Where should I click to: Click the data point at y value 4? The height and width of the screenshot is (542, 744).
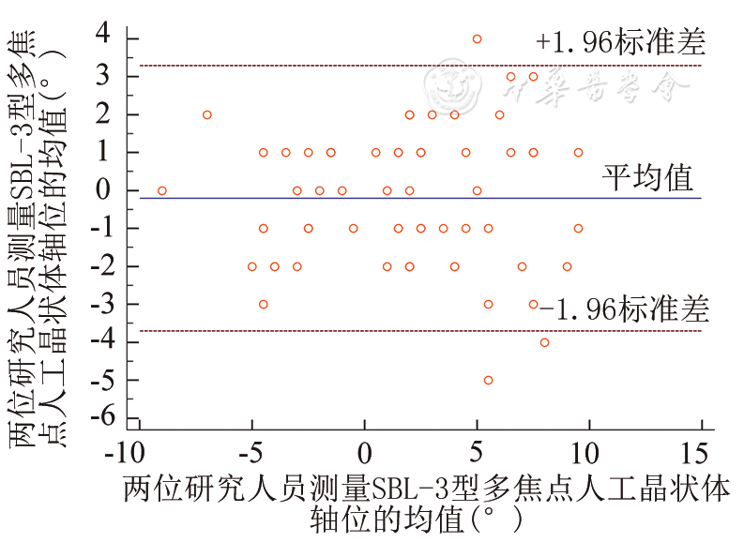477,38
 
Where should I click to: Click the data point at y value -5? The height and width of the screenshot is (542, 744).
488,380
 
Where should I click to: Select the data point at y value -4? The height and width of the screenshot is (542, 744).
544,342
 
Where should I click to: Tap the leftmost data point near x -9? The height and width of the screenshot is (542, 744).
162,190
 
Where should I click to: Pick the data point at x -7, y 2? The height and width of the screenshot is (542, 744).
207,114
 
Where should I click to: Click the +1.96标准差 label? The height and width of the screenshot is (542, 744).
620,42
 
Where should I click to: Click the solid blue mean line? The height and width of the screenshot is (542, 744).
375,198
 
